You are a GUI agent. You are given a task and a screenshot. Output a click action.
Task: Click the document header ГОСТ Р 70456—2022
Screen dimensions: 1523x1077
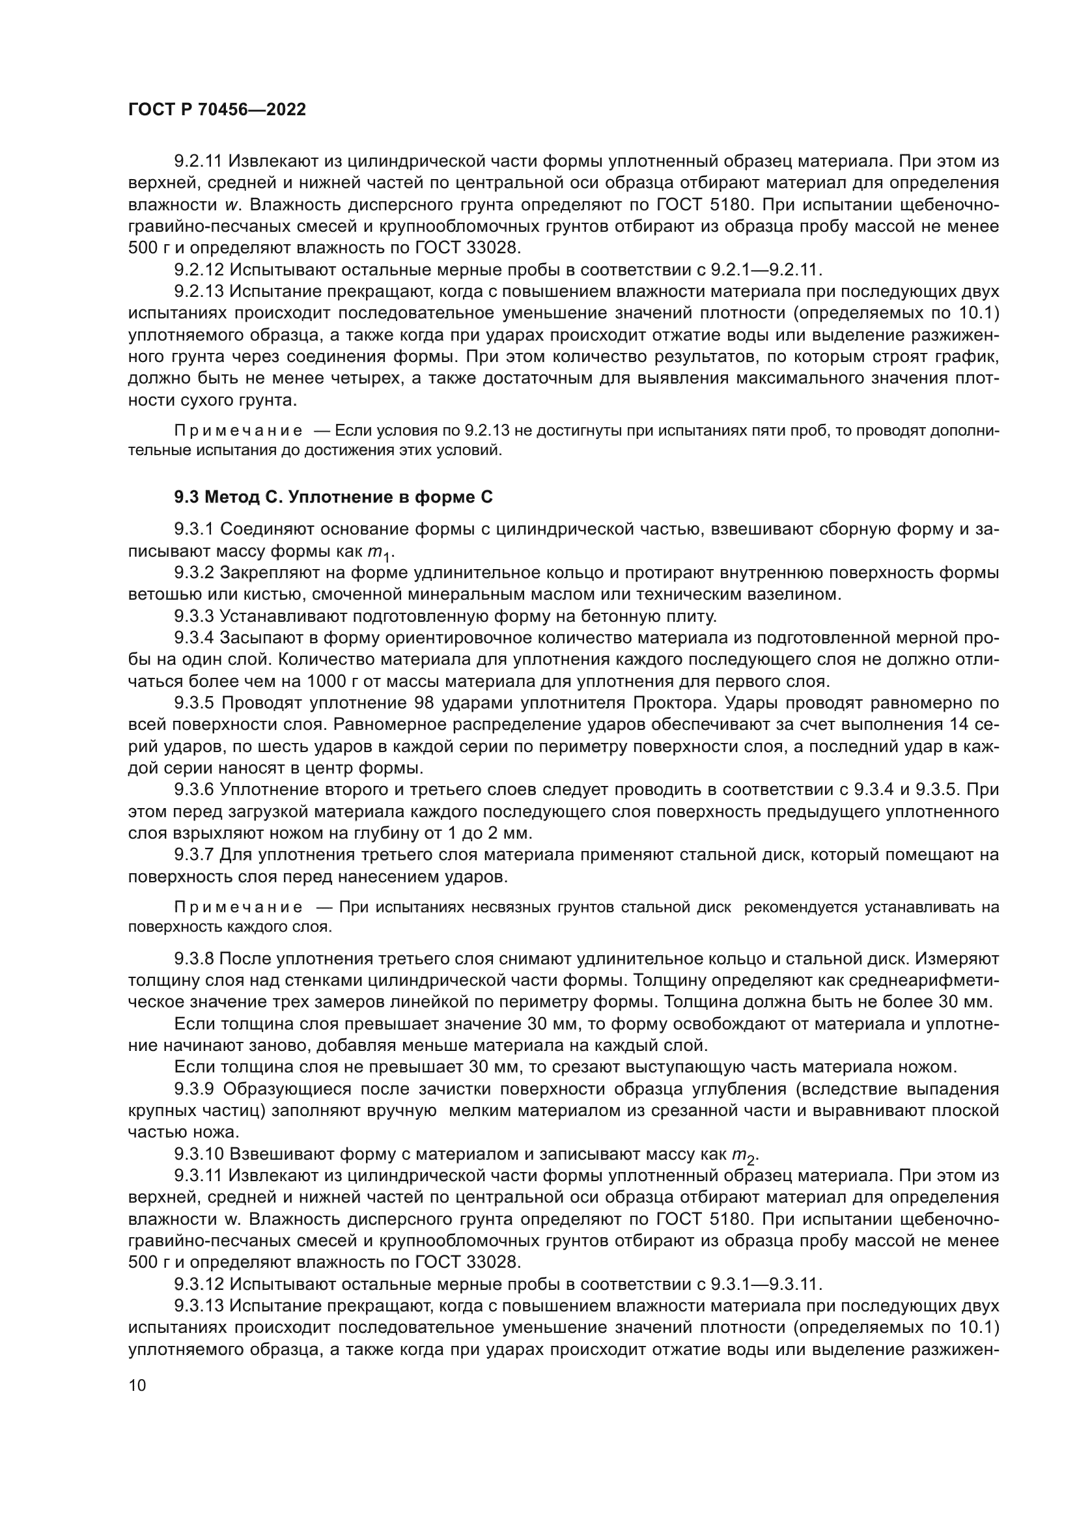coord(217,110)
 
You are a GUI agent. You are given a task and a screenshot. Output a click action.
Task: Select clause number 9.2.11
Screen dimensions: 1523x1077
coord(200,161)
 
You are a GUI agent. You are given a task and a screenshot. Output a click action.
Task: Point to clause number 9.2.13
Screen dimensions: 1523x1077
coord(200,291)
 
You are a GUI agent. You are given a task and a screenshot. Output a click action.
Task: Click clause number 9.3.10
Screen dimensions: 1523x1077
coord(200,1155)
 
